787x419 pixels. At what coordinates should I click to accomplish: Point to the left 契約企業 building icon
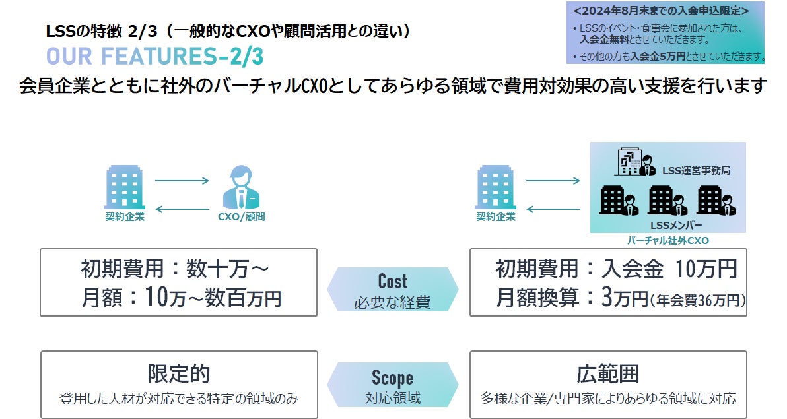[x=124, y=187]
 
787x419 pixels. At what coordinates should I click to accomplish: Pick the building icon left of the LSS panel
[x=495, y=187]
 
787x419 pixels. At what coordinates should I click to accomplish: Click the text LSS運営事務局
[x=697, y=171]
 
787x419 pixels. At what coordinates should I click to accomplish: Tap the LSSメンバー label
[x=667, y=224]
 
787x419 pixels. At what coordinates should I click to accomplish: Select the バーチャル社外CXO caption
[x=667, y=241]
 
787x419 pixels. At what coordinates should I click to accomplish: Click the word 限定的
[x=178, y=374]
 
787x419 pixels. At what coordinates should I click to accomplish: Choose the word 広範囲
[x=608, y=374]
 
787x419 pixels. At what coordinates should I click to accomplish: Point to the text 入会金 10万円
[x=660, y=269]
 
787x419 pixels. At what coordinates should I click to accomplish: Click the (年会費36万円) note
[x=698, y=300]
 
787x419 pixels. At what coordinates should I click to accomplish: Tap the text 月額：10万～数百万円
[x=181, y=298]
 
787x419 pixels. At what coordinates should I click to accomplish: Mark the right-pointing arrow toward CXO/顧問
[x=182, y=180]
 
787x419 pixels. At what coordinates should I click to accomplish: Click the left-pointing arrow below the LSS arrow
[x=553, y=210]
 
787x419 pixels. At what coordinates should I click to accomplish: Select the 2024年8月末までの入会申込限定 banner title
[x=661, y=11]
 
